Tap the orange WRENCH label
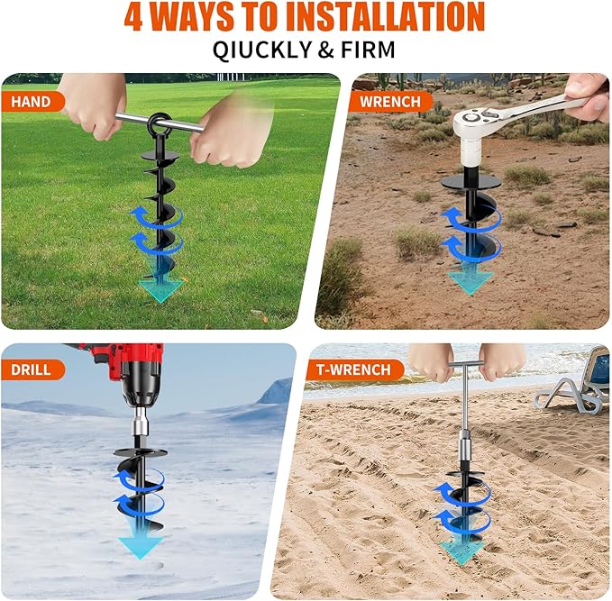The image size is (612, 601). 388,101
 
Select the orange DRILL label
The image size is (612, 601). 32,369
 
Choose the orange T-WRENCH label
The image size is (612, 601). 353,369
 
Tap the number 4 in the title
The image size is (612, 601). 132,17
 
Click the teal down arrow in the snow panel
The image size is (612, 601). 142,544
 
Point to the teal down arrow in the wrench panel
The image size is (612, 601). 469,279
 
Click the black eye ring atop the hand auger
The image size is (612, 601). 160,123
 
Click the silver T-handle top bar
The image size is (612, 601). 467,364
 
